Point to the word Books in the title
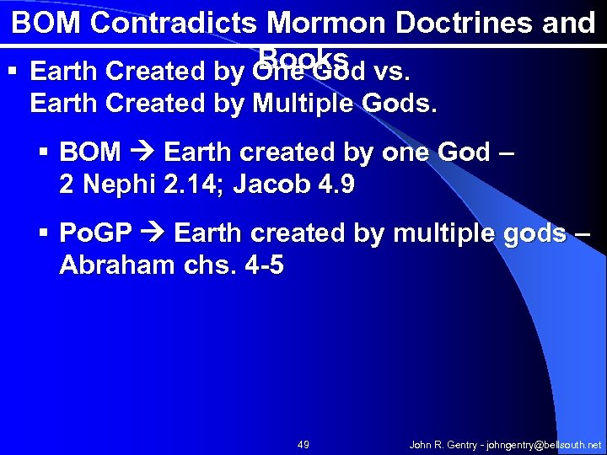coord(304,56)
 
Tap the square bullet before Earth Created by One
coord(11,73)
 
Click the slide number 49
coord(303,442)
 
